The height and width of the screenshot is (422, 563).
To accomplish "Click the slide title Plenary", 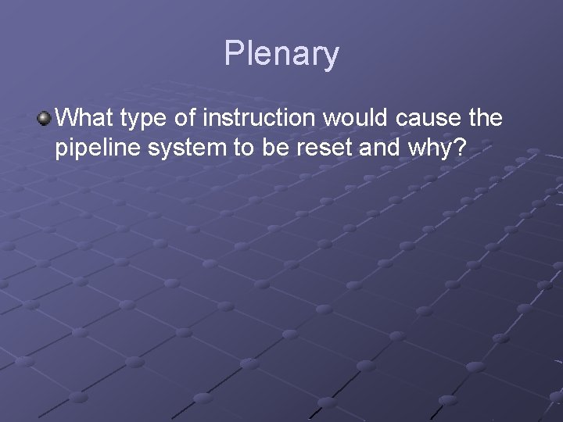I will pyautogui.click(x=281, y=55).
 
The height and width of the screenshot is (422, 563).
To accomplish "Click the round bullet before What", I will pyautogui.click(x=44, y=119).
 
